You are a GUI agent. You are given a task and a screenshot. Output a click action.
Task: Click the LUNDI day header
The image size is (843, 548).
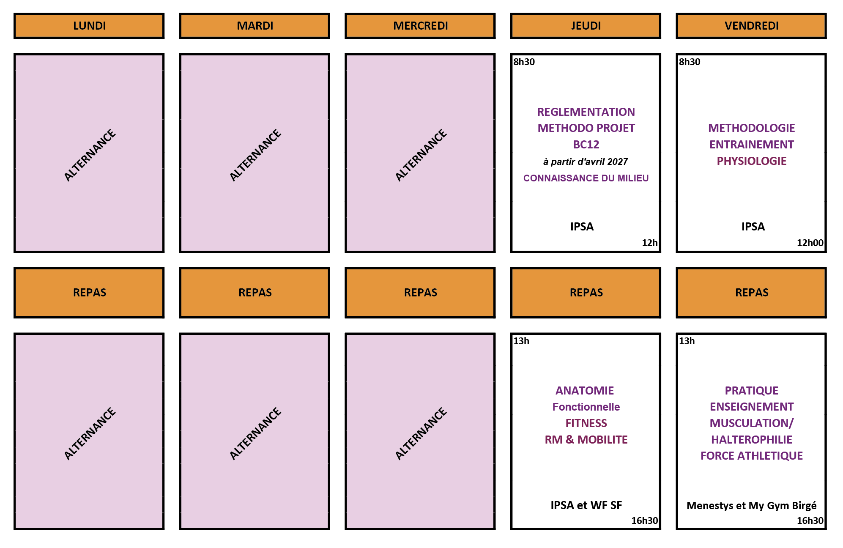(x=89, y=26)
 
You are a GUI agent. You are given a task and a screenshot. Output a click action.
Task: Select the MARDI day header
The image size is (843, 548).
(x=255, y=26)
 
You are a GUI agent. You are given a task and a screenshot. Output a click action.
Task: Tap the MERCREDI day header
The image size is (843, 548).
(x=420, y=26)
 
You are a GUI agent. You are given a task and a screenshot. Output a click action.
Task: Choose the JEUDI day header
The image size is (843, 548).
(x=586, y=26)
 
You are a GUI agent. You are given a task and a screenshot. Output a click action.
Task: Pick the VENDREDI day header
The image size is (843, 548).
(x=751, y=26)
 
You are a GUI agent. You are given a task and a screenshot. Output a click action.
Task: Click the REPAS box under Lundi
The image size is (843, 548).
(x=89, y=293)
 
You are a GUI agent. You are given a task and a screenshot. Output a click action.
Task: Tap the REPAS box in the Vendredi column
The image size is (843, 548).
(x=751, y=293)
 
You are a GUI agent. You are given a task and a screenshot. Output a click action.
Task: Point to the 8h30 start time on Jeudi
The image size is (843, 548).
(x=524, y=62)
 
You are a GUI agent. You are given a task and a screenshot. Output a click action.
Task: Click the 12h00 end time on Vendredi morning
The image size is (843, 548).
(x=810, y=243)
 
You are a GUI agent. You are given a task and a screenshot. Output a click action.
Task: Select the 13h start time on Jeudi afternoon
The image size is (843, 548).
(x=521, y=341)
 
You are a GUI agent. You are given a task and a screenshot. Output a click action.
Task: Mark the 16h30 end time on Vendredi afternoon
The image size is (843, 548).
(x=810, y=521)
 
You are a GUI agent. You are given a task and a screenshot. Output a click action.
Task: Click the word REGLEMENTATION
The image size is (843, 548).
(x=586, y=112)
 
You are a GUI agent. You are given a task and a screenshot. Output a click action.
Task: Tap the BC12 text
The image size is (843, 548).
(x=586, y=145)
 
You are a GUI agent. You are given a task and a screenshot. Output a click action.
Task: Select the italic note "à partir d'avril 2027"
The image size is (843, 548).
(x=586, y=162)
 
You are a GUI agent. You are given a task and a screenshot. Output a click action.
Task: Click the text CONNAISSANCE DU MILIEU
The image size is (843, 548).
(x=586, y=178)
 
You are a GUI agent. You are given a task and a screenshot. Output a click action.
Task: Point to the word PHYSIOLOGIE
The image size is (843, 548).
(x=752, y=161)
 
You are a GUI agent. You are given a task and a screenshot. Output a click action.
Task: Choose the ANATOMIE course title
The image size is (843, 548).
(x=585, y=391)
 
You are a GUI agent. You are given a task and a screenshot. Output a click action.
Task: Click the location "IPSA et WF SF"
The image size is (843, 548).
(x=586, y=505)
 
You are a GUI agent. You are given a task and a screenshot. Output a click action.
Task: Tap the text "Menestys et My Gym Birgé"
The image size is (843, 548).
(x=752, y=506)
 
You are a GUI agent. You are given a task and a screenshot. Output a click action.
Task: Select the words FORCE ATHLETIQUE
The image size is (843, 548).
(x=752, y=456)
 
